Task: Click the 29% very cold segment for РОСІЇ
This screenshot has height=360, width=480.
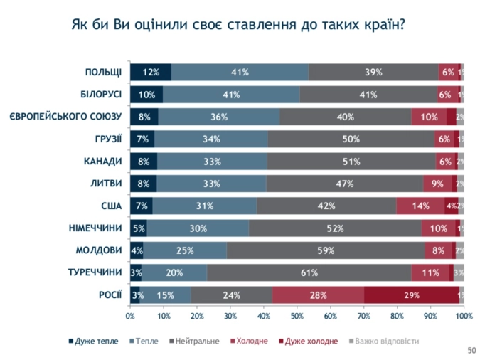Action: tap(412, 295)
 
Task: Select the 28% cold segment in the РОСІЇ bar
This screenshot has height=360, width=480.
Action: tap(318, 295)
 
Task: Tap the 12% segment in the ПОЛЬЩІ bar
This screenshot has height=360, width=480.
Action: tap(150, 72)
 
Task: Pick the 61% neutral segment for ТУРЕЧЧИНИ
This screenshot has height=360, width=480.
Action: tap(309, 272)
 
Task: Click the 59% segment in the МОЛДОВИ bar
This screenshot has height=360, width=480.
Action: tap(326, 250)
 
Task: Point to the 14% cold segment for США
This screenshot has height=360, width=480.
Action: tap(420, 206)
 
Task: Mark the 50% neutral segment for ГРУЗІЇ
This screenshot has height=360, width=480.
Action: tap(351, 139)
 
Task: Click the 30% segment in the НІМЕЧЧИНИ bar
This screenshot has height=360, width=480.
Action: tap(198, 228)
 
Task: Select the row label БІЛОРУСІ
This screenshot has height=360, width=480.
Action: tap(101, 95)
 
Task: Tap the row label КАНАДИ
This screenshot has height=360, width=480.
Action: tap(103, 162)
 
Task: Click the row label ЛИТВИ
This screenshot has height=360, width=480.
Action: tap(107, 184)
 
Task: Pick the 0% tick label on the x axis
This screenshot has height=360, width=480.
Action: tap(131, 315)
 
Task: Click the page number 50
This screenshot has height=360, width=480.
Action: tap(471, 350)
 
